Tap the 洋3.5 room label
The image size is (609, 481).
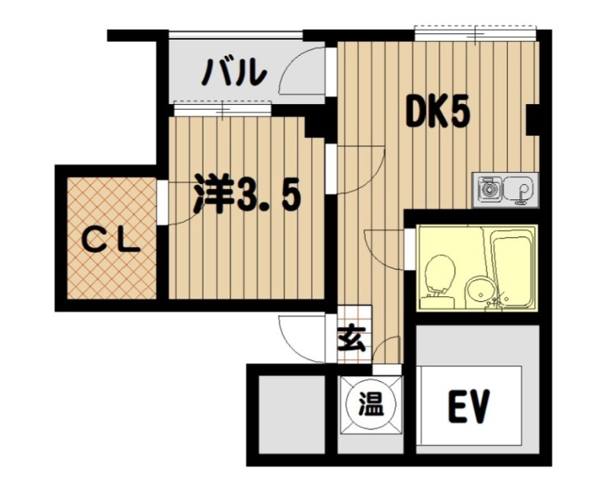pyautogui.click(x=247, y=193)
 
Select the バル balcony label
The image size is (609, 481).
pyautogui.click(x=234, y=72)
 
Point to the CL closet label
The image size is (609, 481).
pyautogui.click(x=111, y=245)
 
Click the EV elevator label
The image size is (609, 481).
pyautogui.click(x=468, y=406)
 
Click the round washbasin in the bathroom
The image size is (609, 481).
pyautogui.click(x=481, y=291)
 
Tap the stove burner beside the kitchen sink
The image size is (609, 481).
pyautogui.click(x=487, y=189)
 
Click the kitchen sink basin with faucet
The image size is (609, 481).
pyautogui.click(x=519, y=190)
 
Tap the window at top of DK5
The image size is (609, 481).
pyautogui.click(x=476, y=33)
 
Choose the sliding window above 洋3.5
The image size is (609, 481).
pyautogui.click(x=222, y=108)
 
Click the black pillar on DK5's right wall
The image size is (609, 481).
pyautogui.click(x=532, y=119)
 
